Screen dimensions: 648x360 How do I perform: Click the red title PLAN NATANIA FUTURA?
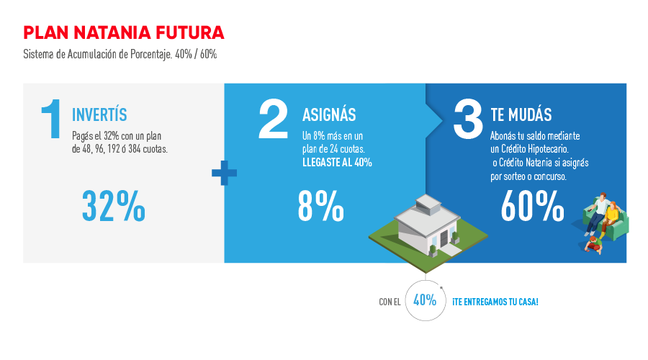(124, 32)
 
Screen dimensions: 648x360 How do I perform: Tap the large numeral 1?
(52, 119)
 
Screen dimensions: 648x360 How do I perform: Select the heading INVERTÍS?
(99, 114)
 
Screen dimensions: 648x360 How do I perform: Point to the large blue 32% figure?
(114, 206)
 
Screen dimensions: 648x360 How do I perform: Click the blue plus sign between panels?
(225, 173)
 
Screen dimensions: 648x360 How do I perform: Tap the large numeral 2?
(273, 119)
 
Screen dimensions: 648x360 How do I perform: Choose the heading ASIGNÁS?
(329, 114)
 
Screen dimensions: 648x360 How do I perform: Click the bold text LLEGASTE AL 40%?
(337, 163)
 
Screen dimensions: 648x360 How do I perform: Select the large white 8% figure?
(320, 206)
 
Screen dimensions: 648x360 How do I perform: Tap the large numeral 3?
(468, 119)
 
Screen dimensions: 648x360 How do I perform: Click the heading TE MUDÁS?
(521, 114)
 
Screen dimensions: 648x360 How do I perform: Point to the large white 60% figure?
(532, 206)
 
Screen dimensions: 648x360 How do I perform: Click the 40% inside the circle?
(425, 300)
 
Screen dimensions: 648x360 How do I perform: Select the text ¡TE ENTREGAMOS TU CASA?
(495, 302)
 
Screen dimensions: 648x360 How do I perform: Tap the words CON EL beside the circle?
(390, 302)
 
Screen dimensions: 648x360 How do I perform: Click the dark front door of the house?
(444, 238)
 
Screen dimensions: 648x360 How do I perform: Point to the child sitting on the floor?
(594, 245)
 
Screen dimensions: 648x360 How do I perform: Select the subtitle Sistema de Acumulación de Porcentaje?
(97, 55)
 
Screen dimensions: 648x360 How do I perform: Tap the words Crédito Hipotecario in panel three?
(535, 149)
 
